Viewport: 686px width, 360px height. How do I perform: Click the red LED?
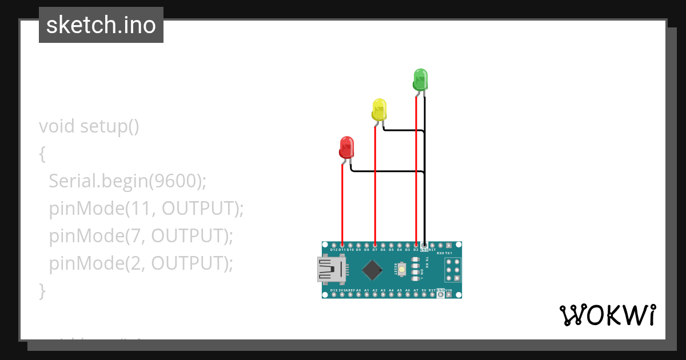pos(346,147)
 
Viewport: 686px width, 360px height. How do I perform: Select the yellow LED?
pos(379,109)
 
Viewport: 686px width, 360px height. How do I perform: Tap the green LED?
pos(420,79)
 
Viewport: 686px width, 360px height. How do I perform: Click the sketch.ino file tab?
pos(101,25)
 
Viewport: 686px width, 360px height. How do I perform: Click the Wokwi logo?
pos(607,315)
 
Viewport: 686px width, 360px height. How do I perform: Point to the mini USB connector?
pos(330,270)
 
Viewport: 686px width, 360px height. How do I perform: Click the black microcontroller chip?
pos(372,270)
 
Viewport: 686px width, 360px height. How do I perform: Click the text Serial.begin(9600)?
pos(127,181)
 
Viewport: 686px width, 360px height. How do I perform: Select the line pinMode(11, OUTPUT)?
pos(146,209)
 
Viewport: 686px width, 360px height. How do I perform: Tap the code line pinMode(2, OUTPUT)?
pos(141,263)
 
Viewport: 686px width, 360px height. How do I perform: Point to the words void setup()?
pos(89,126)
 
